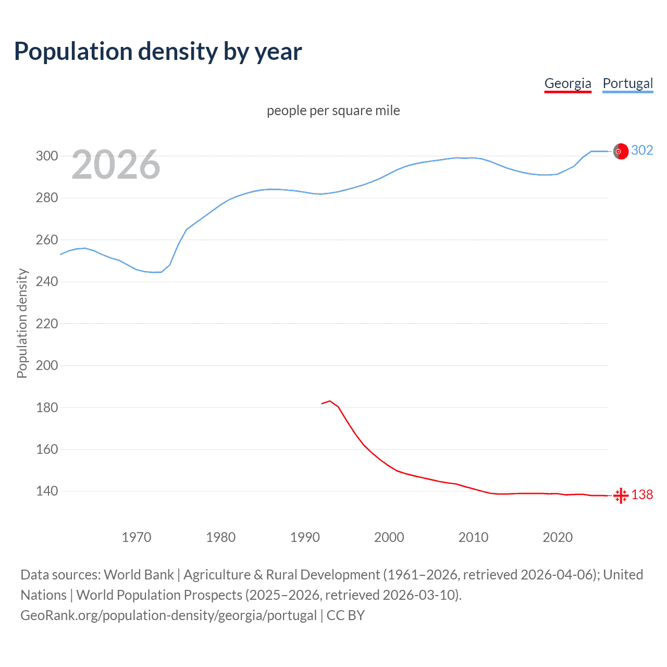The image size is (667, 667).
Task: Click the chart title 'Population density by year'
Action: (x=158, y=52)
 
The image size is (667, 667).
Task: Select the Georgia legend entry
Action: (x=567, y=83)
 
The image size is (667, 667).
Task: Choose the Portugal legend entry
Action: (x=627, y=83)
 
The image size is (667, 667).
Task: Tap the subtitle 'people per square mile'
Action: (x=333, y=110)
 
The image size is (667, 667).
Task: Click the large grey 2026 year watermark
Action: (x=116, y=165)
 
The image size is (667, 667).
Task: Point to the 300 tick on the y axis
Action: (x=46, y=156)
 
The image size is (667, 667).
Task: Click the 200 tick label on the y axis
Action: (x=46, y=365)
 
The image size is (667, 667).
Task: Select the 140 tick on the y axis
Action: (x=46, y=491)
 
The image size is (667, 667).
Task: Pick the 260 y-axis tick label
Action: (x=46, y=240)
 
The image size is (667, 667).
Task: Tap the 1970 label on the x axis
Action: (x=137, y=537)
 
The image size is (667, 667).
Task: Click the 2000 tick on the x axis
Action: (x=389, y=537)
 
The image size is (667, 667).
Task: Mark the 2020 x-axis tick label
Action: (x=558, y=537)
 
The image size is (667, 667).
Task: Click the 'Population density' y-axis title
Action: (x=22, y=323)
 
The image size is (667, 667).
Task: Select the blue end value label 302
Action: (x=642, y=151)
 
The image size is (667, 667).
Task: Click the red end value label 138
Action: (x=642, y=495)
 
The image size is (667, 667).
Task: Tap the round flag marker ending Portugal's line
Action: (x=620, y=151)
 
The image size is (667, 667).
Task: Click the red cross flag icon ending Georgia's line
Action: (x=621, y=496)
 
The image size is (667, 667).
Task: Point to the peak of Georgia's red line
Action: (x=330, y=401)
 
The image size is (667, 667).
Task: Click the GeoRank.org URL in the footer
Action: (x=168, y=615)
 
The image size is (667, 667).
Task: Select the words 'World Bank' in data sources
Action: (x=139, y=575)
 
